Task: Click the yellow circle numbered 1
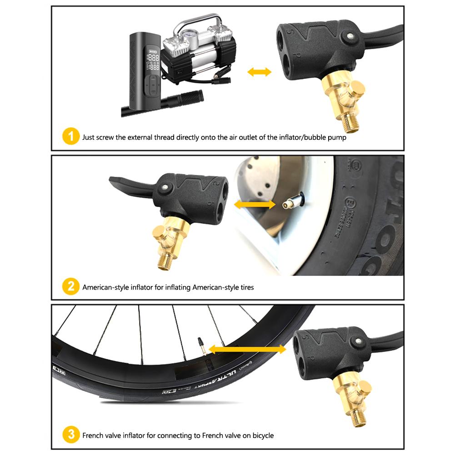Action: point(70,137)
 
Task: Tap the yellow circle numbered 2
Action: point(70,287)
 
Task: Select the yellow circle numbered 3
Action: point(70,435)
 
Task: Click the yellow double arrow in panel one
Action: point(259,72)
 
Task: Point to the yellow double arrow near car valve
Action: point(255,205)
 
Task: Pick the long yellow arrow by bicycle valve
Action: point(247,349)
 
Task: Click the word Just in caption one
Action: point(89,137)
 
